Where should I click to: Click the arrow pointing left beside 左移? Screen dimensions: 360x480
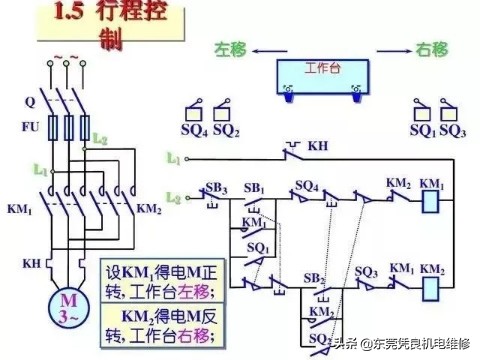point(266,50)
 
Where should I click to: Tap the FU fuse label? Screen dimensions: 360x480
point(32,127)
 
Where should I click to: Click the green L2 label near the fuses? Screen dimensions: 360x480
point(100,138)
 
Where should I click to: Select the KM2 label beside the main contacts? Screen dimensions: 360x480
point(148,210)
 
